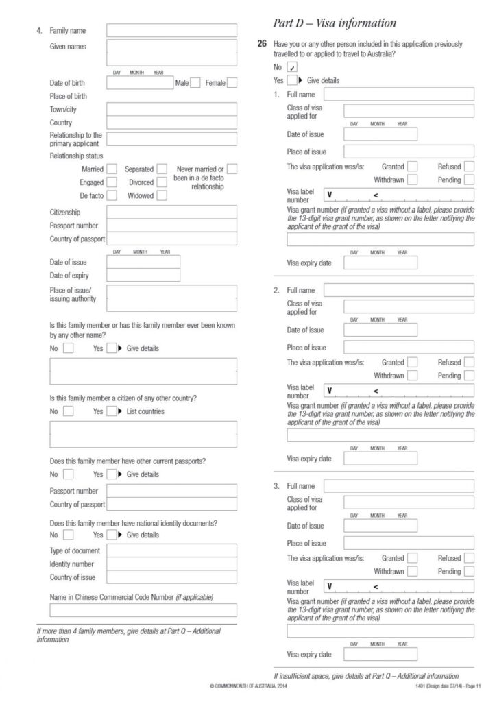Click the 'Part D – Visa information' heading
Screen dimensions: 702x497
(335, 23)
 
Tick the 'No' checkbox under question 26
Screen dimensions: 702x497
(293, 66)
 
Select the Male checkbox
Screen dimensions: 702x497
(195, 83)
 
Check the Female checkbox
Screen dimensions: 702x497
(232, 83)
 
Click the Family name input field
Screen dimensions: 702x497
(171, 31)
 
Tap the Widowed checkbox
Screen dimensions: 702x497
(162, 195)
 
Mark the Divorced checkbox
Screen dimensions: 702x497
(162, 182)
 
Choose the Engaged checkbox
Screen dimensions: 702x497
(112, 182)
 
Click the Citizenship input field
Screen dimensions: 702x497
(171, 212)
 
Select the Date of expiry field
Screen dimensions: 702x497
(143, 276)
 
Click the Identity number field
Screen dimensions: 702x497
(171, 564)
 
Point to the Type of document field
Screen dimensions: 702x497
(171, 550)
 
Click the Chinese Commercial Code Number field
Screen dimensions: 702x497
(143, 610)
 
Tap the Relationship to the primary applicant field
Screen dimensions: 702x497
(171, 139)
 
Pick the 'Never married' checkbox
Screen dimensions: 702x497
(232, 169)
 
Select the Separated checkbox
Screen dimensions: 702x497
(162, 169)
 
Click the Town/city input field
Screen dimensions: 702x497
(171, 109)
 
